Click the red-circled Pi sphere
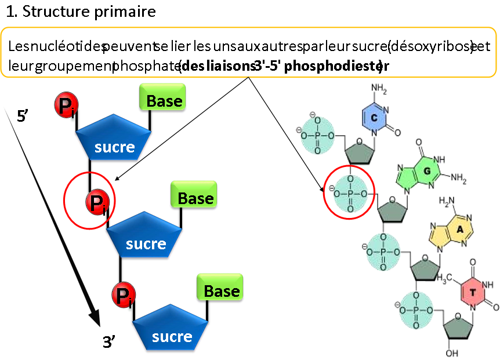(x=95, y=203)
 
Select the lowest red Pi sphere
(x=124, y=295)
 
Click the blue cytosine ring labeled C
(x=374, y=118)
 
